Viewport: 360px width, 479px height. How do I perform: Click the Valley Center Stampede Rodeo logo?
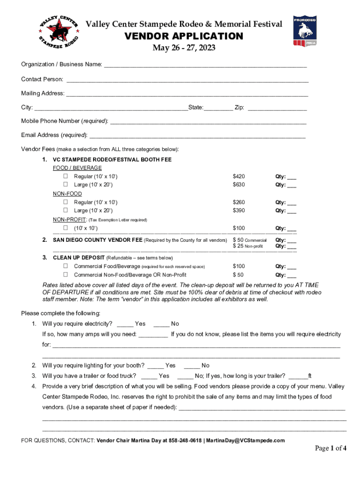coord(58,31)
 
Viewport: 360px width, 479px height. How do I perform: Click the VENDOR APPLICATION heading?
coord(183,36)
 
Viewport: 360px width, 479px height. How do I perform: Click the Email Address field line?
coord(197,136)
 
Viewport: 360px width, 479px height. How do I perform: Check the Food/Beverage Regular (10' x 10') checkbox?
coord(66,176)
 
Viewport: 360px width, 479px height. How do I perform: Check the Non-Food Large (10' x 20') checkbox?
coord(66,210)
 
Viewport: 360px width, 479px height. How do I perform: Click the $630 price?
coord(238,185)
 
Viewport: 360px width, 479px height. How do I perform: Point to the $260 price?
coord(238,203)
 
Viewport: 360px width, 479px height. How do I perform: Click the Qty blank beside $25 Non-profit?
coord(292,247)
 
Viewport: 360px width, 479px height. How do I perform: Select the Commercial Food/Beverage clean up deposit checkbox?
coord(66,266)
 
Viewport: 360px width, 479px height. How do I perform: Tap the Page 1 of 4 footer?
coord(331,449)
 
